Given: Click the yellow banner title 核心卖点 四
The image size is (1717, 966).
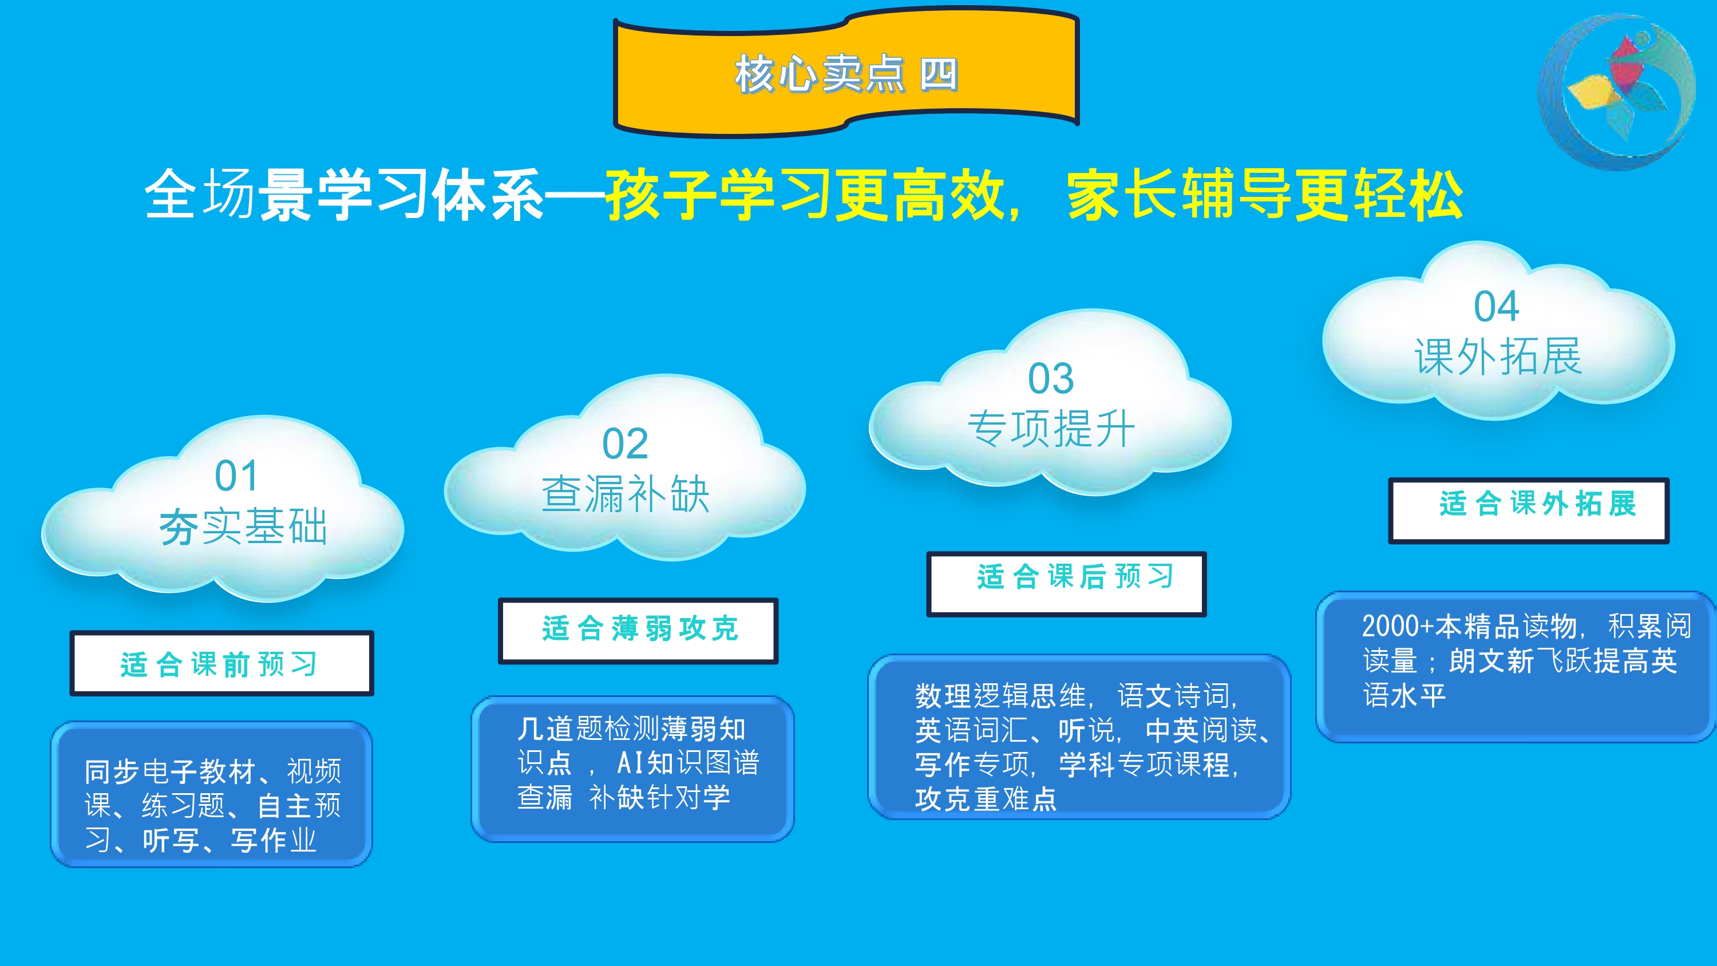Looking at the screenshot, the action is click(846, 73).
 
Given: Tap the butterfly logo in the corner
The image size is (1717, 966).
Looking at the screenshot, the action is click(1616, 93).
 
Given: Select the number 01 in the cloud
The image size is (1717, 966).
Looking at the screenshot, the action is click(236, 476).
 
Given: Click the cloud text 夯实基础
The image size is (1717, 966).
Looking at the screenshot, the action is click(243, 526).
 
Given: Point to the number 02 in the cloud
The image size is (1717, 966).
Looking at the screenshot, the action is click(624, 444).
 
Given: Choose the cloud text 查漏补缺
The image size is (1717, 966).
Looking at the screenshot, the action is click(625, 494).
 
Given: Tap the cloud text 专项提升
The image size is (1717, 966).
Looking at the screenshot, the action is click(1051, 429).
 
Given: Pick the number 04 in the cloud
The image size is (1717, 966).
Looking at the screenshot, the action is click(1497, 307).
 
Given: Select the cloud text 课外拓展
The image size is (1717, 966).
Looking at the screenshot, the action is click(1498, 357).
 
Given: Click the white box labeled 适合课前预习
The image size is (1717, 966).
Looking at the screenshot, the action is click(222, 663).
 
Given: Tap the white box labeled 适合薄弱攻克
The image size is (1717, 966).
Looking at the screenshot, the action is click(639, 631).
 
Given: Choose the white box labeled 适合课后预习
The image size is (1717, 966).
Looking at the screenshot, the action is click(1066, 584).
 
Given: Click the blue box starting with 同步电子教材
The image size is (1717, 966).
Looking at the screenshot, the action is click(211, 794).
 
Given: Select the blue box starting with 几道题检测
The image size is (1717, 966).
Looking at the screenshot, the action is click(632, 769).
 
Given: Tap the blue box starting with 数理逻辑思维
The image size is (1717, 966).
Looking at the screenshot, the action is click(1079, 737).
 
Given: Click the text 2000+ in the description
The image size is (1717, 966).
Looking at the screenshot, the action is click(1397, 626).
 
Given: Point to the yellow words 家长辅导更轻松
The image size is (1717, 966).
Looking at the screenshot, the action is click(1265, 195).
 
